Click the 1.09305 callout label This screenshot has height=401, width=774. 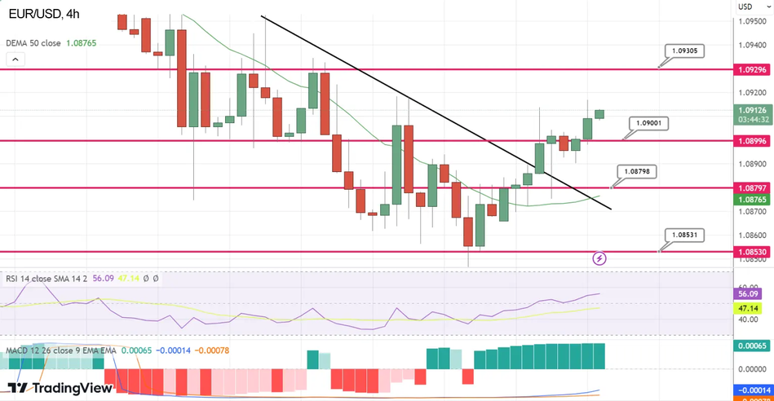point(683,51)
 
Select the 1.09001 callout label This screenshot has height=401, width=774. point(649,123)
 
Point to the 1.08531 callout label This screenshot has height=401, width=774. point(683,234)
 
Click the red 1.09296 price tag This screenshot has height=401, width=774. point(751,70)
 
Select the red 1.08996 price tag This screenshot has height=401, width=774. point(751,140)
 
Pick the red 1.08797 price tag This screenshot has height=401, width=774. point(751,188)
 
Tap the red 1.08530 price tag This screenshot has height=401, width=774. point(751,253)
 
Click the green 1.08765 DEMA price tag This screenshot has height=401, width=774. point(751,200)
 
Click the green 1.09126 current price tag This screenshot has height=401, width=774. point(751,110)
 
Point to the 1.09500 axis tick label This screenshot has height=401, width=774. point(751,22)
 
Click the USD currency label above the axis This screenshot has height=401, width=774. point(745,7)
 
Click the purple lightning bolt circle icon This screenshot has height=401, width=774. point(600,258)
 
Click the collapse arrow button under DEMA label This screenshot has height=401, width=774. point(15,59)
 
